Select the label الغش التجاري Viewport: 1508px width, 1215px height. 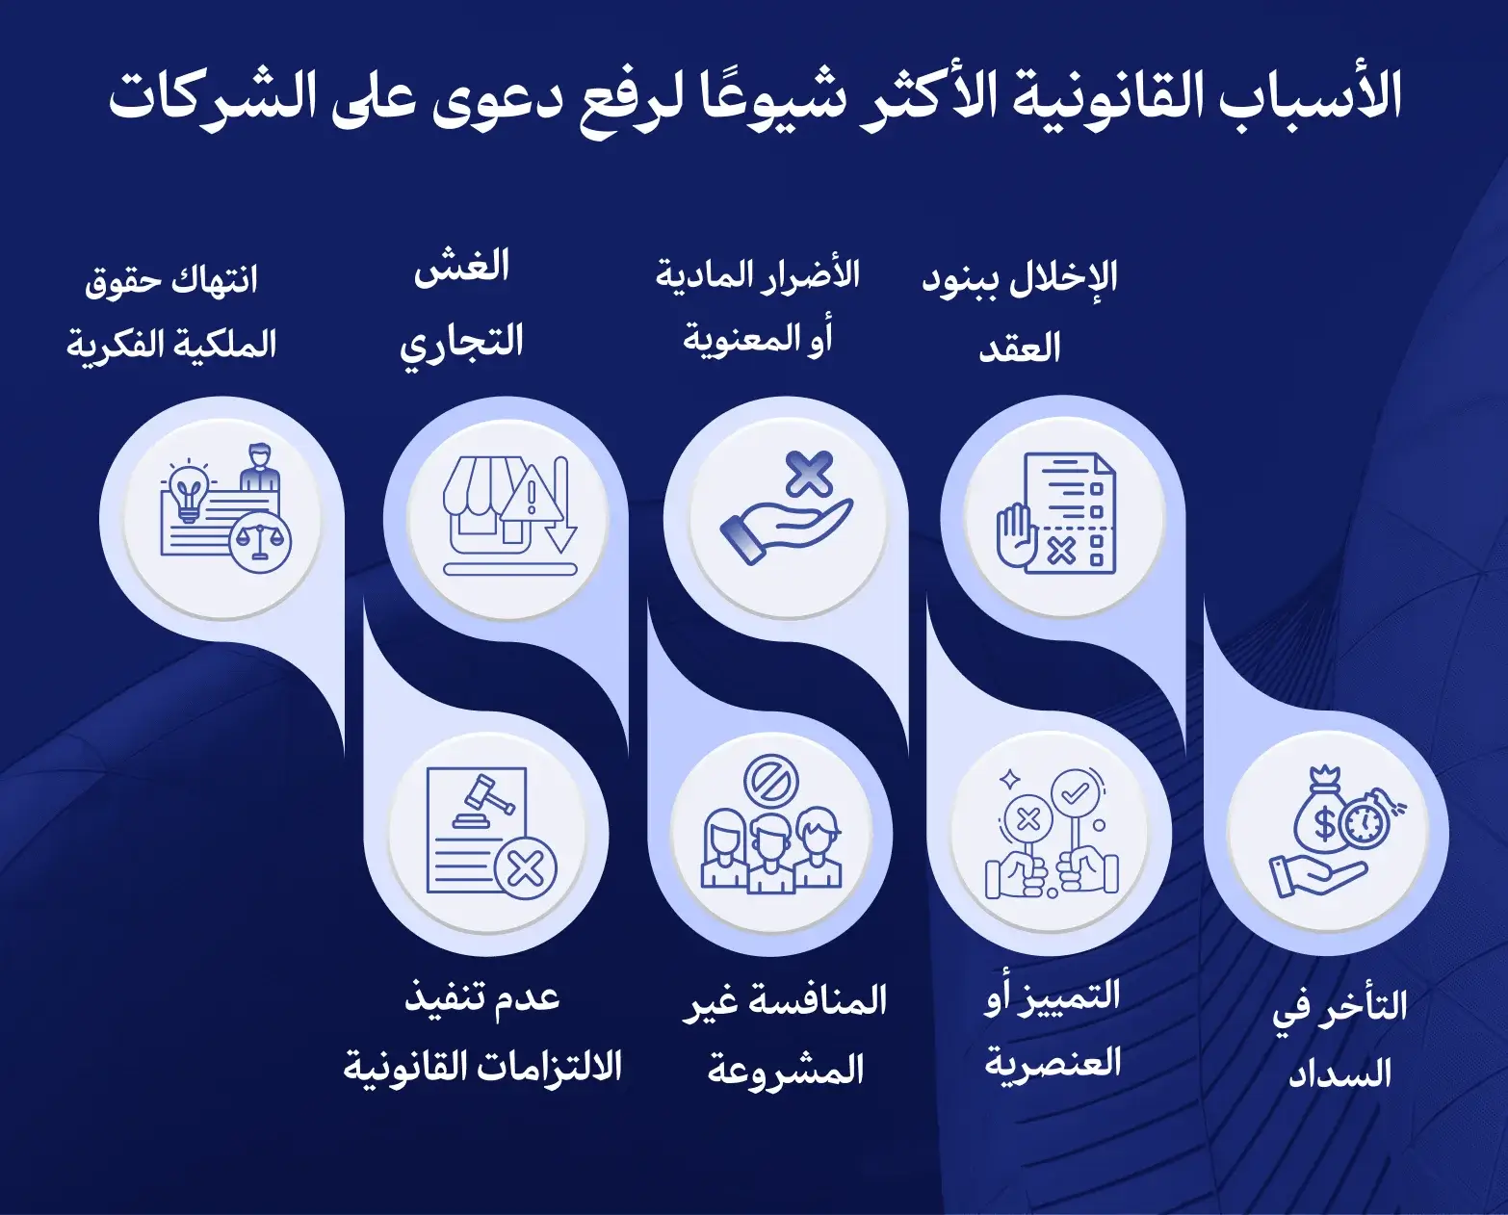click(x=462, y=305)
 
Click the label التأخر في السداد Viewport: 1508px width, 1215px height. click(x=1339, y=1038)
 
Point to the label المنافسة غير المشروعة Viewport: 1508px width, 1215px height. click(x=785, y=1034)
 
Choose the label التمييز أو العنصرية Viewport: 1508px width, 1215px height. click(x=1053, y=1028)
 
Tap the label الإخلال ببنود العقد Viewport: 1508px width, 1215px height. click(x=1020, y=311)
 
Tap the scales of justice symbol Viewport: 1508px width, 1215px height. click(x=260, y=542)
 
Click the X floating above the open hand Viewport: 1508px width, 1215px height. click(x=809, y=473)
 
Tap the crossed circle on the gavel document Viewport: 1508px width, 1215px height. click(x=525, y=868)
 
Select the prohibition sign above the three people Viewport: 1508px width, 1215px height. click(x=771, y=781)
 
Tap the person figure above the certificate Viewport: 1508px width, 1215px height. click(x=258, y=467)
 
